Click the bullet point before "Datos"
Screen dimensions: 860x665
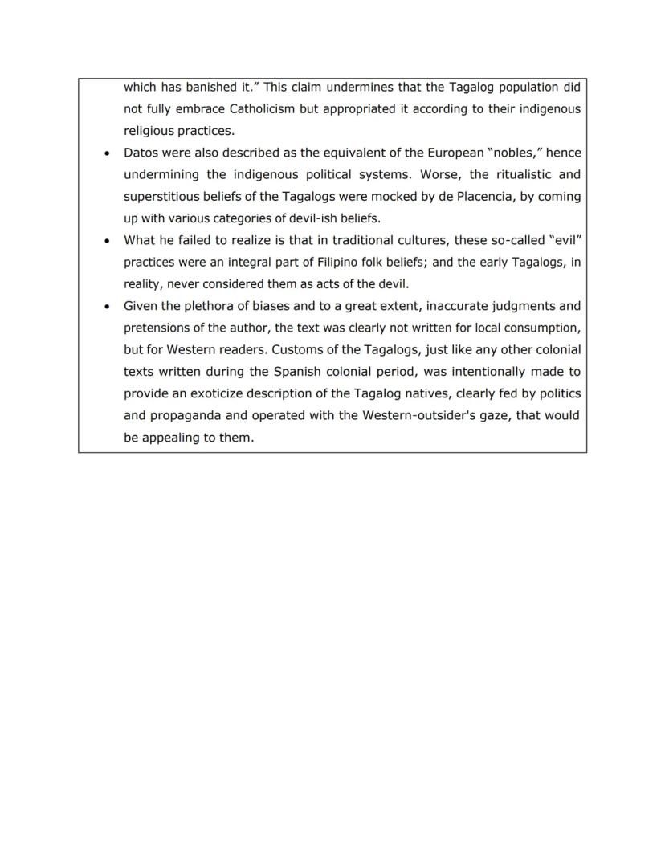(x=107, y=153)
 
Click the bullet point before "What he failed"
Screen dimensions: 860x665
(x=107, y=241)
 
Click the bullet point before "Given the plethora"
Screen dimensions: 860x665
(x=107, y=307)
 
